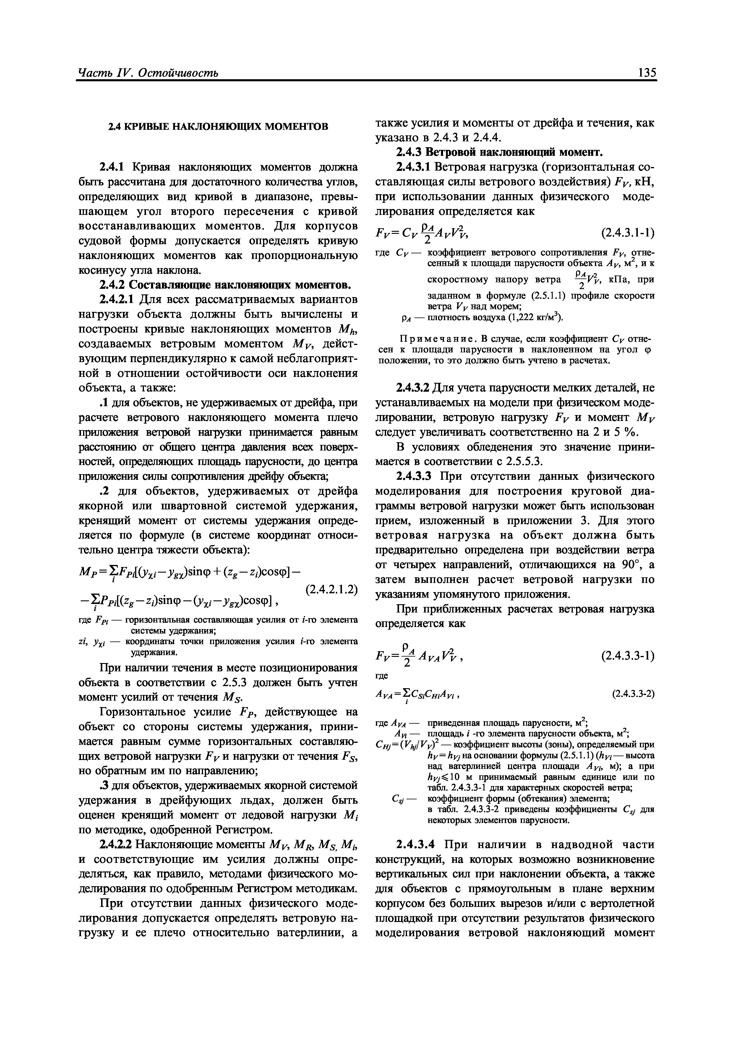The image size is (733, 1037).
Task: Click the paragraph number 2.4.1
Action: (x=113, y=168)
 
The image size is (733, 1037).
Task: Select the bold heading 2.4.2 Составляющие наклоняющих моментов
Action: (x=224, y=285)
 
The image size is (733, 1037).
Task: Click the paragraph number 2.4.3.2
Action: (x=413, y=388)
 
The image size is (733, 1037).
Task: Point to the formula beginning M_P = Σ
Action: (x=190, y=573)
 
